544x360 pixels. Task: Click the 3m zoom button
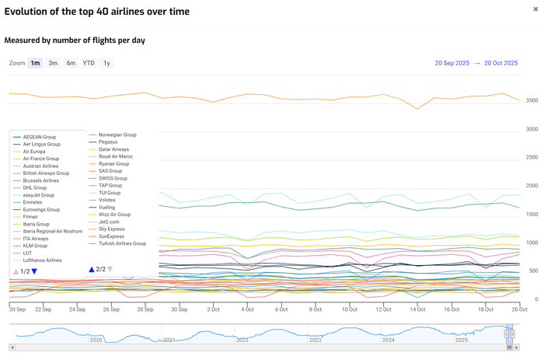click(x=53, y=63)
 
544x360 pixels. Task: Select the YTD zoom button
click(x=89, y=63)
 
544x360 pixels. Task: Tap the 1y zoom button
click(x=106, y=63)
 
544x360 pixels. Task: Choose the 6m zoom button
click(x=71, y=63)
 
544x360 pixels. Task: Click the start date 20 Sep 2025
click(x=452, y=63)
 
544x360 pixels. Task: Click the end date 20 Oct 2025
click(x=500, y=63)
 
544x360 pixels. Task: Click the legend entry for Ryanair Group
click(x=113, y=164)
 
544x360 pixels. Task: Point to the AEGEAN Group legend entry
click(x=40, y=137)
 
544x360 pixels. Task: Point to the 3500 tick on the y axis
click(x=532, y=101)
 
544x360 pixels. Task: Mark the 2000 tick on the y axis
click(x=532, y=187)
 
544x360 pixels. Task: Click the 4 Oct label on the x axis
click(x=247, y=309)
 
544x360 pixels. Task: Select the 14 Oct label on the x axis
click(x=417, y=309)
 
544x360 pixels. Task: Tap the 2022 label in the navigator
click(x=242, y=340)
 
